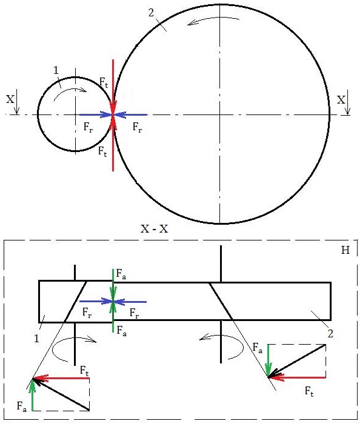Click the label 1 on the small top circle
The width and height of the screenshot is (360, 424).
click(x=56, y=71)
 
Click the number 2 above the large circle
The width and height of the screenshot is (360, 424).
click(x=152, y=13)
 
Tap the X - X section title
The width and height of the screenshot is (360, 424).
click(x=154, y=229)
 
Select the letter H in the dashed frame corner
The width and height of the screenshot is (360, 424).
click(x=345, y=250)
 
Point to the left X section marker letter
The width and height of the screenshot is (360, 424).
click(x=10, y=99)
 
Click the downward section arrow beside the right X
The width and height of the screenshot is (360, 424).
click(x=348, y=102)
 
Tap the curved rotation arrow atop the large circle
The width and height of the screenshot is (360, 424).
click(x=214, y=20)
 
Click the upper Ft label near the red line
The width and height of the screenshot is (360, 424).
click(x=104, y=82)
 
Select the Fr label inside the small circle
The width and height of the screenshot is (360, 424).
click(x=88, y=127)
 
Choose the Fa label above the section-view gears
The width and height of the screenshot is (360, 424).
click(x=121, y=274)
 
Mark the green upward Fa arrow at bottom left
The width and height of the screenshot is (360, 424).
click(x=33, y=394)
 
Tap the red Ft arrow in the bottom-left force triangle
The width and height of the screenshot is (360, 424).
click(x=61, y=378)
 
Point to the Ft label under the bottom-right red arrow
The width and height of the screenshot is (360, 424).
click(x=309, y=391)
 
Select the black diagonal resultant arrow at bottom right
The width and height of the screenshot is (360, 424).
click(x=297, y=361)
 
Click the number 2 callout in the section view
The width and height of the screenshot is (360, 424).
click(x=330, y=333)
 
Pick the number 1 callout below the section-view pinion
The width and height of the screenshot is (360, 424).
click(x=37, y=338)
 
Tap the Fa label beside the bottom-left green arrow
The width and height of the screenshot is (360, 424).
click(x=22, y=406)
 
